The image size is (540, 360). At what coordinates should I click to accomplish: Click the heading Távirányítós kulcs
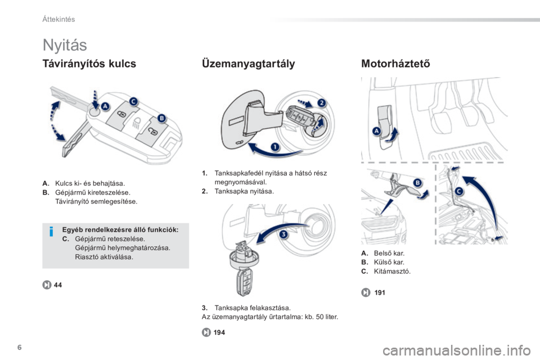89,64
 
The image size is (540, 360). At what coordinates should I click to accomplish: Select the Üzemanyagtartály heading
248,64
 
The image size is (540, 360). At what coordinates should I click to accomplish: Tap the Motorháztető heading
395,64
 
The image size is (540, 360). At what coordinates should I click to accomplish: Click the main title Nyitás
65,45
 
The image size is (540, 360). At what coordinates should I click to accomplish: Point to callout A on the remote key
105,106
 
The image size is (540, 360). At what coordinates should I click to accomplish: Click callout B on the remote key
161,119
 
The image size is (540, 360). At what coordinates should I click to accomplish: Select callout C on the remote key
133,101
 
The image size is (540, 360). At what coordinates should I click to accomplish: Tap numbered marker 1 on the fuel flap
275,147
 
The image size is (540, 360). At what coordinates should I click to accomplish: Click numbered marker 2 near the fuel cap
321,103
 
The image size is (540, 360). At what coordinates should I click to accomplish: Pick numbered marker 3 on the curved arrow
283,235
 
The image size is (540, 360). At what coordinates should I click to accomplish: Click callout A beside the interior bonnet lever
377,131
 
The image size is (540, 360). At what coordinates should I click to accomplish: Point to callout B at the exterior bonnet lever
417,183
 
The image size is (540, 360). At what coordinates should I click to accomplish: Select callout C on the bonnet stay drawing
460,192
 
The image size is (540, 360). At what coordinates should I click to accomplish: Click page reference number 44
58,285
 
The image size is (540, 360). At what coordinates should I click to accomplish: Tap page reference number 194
219,332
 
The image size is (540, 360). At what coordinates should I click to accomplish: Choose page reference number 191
380,292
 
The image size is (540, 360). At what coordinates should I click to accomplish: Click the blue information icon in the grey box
51,232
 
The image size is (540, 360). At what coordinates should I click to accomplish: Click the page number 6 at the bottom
19,347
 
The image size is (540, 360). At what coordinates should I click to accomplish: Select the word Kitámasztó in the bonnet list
392,271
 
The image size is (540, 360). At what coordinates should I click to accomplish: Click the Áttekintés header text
58,19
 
